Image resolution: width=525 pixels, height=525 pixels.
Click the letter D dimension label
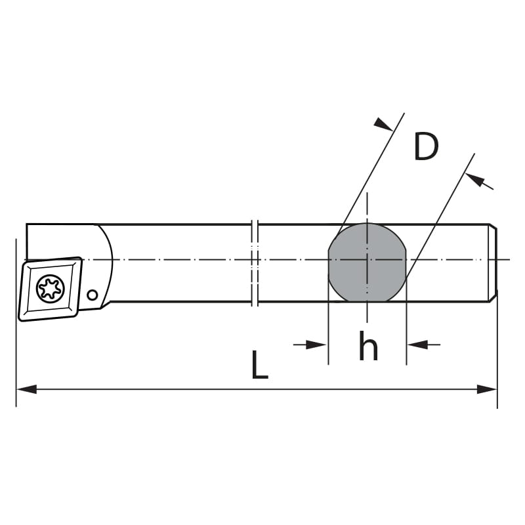point(426,147)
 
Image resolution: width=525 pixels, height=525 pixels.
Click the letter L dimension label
point(260,366)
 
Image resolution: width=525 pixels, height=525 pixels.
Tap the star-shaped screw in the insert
point(51,288)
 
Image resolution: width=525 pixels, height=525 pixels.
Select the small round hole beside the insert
point(93,295)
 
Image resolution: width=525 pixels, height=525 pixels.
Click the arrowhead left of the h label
point(318,345)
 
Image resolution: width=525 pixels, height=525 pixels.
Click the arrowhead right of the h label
point(416,345)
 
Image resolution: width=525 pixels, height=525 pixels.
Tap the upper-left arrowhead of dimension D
point(383,123)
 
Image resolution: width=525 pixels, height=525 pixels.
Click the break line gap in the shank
point(256,262)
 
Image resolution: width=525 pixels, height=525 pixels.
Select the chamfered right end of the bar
point(493,262)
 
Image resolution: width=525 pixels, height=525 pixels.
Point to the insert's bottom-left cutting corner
point(22,318)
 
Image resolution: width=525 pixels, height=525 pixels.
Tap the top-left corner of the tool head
point(27,225)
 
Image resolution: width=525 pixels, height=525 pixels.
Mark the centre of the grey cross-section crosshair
point(367,260)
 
